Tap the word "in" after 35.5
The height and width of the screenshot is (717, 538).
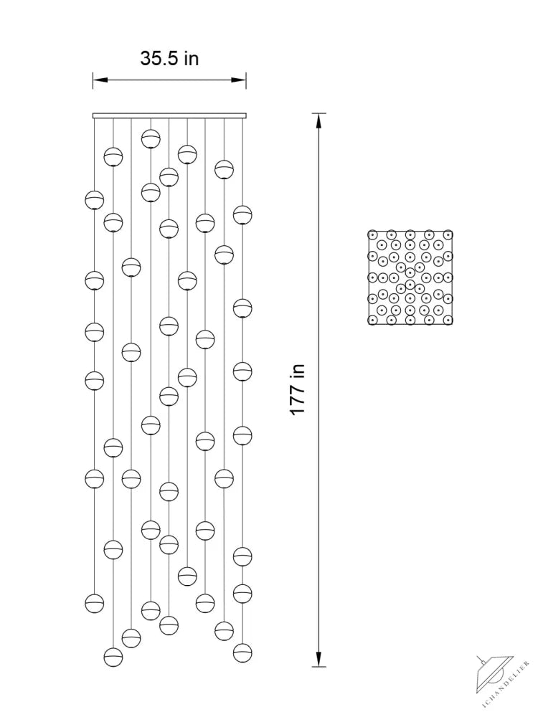point(192,59)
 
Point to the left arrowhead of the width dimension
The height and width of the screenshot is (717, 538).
point(100,80)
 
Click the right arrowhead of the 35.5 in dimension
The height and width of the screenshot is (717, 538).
point(239,80)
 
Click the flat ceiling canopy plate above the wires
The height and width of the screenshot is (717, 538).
point(169,115)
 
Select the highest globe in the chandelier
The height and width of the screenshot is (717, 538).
point(151,138)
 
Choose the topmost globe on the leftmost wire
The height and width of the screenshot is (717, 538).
point(94,200)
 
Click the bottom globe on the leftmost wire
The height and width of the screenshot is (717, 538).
point(94,603)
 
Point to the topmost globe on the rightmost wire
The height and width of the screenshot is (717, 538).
point(242,214)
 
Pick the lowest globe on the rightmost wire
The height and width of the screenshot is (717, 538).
point(242,652)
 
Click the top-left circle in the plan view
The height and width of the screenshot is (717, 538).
point(372,234)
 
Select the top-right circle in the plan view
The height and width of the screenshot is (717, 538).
point(448,234)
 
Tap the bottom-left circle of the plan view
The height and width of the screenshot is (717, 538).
point(372,320)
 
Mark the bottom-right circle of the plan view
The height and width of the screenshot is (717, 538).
point(448,320)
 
